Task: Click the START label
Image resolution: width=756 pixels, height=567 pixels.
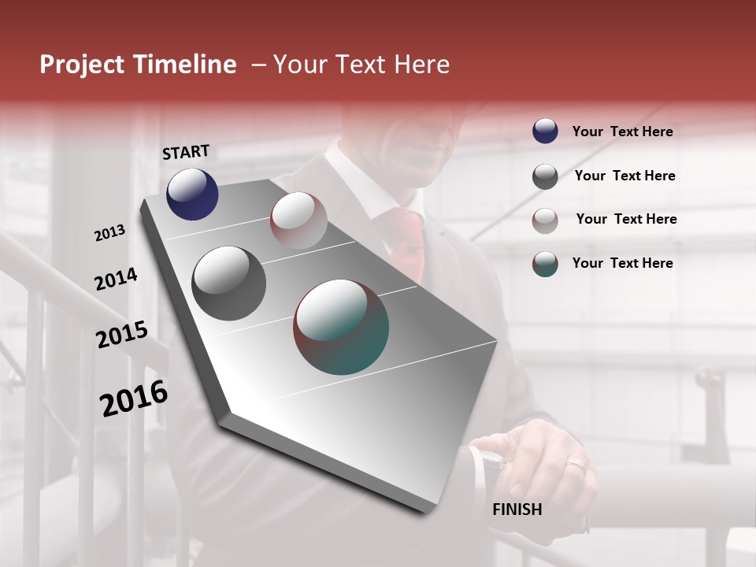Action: (x=186, y=152)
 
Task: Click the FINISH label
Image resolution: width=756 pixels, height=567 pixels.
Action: (x=517, y=510)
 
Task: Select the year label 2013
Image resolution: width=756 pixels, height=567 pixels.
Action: (x=110, y=232)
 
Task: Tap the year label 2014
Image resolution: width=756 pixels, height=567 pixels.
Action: (x=116, y=280)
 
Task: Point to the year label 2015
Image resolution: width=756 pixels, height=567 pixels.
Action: (x=122, y=335)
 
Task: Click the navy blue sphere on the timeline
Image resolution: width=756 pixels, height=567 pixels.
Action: (x=192, y=194)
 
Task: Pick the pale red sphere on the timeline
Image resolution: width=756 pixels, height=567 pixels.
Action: (x=298, y=220)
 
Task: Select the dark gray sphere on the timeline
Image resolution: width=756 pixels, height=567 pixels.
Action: (x=228, y=283)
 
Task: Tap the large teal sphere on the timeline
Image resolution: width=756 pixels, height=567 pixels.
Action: (x=341, y=327)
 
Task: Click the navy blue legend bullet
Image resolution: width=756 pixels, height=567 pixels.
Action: (x=545, y=131)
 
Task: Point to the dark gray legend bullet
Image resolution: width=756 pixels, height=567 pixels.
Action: (x=545, y=176)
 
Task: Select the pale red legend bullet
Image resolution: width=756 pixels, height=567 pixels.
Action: (x=545, y=220)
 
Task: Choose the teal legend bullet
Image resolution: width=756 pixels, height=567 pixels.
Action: (x=545, y=264)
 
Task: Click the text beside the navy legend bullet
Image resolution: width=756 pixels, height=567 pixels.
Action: (x=622, y=132)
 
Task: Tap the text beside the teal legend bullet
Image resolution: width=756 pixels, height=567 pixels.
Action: (x=622, y=263)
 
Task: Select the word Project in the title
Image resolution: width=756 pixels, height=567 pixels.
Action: (x=82, y=65)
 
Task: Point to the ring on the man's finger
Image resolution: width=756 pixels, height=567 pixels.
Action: (x=576, y=467)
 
